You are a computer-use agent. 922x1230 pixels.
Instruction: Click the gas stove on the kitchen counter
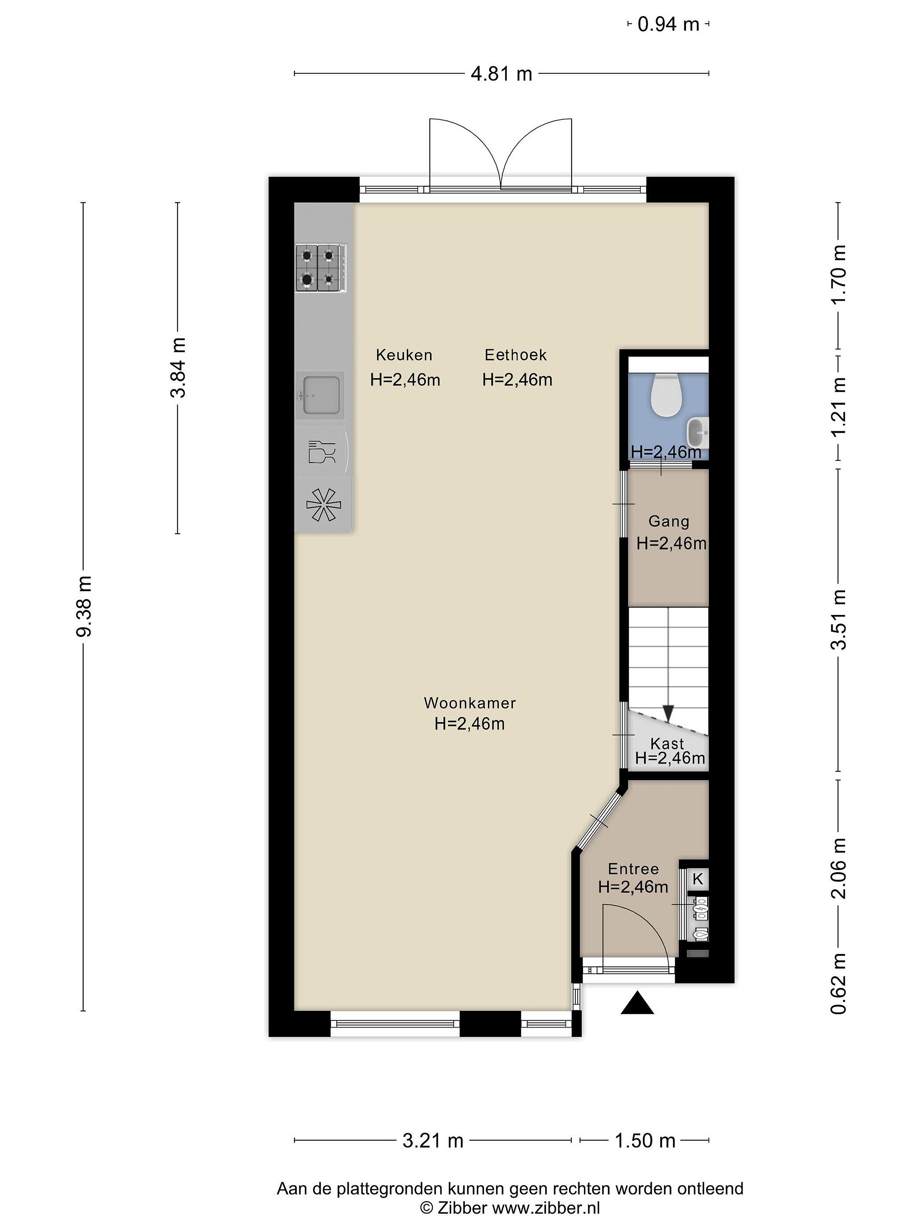(x=321, y=268)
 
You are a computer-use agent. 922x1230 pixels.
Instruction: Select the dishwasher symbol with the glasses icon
(x=322, y=451)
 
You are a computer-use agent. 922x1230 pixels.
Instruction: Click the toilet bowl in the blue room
(x=666, y=395)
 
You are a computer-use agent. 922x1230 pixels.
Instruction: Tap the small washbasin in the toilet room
(x=699, y=432)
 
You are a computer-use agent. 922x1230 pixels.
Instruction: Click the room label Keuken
(x=404, y=355)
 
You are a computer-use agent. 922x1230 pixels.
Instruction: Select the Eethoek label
(x=516, y=355)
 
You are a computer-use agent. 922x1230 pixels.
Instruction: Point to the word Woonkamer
(x=470, y=703)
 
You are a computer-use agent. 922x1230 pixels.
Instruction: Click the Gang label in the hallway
(x=668, y=521)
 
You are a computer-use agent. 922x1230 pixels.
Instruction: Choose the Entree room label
(x=633, y=869)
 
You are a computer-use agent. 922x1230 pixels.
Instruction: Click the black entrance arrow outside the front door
(x=637, y=1002)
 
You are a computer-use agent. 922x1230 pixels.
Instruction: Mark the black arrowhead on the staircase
(x=668, y=712)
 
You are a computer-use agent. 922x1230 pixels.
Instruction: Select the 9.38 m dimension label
(x=85, y=606)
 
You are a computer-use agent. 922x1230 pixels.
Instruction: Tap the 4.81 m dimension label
(x=501, y=73)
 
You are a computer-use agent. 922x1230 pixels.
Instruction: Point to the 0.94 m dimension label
(x=668, y=24)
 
